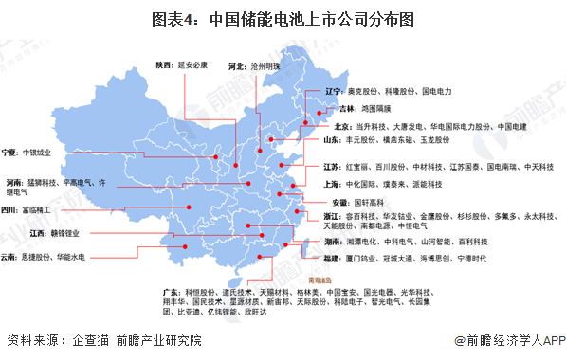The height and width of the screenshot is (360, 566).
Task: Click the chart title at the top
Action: click(x=282, y=16)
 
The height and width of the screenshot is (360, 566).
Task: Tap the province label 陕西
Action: click(x=165, y=65)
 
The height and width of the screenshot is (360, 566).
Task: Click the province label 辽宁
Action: click(x=333, y=91)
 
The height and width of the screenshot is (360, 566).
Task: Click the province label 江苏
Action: click(x=333, y=166)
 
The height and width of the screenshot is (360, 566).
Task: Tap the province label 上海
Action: click(x=332, y=184)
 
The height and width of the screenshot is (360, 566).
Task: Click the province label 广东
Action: click(x=173, y=292)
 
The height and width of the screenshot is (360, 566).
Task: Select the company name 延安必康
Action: click(x=193, y=65)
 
